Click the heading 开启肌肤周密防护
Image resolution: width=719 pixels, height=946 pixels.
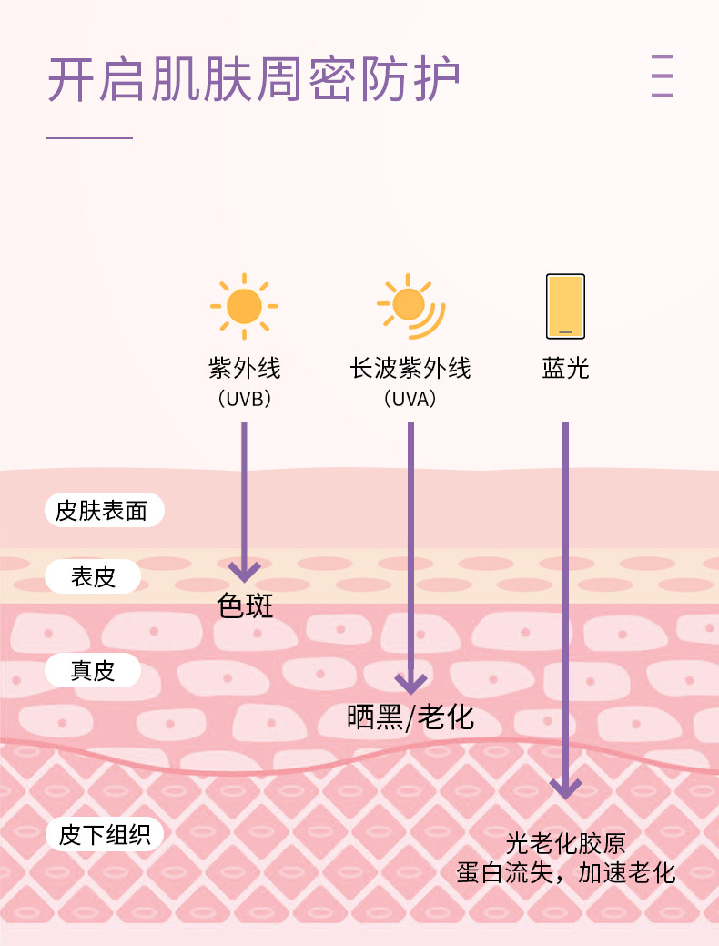point(253,80)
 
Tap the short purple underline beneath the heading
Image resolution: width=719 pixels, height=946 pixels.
point(89,137)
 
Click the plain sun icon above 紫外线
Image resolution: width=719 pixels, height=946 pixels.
point(244,306)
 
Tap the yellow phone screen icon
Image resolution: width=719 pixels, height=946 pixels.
point(565,306)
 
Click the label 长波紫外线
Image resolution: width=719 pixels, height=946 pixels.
point(410,369)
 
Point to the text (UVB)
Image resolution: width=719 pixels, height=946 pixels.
point(244,399)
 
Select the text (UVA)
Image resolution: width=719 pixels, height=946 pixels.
point(410,399)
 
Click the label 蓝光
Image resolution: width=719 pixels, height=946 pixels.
point(565,369)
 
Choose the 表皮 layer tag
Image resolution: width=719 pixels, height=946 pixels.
point(94,576)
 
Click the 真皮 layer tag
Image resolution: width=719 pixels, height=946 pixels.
point(94,671)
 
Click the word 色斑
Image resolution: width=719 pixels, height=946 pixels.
point(245,606)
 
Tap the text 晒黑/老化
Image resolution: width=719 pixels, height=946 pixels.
point(410,717)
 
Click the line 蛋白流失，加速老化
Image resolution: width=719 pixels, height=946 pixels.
point(565,873)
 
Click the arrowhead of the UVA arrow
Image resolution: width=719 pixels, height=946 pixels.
point(410,683)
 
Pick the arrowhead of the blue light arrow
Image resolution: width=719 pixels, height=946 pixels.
point(565,788)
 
